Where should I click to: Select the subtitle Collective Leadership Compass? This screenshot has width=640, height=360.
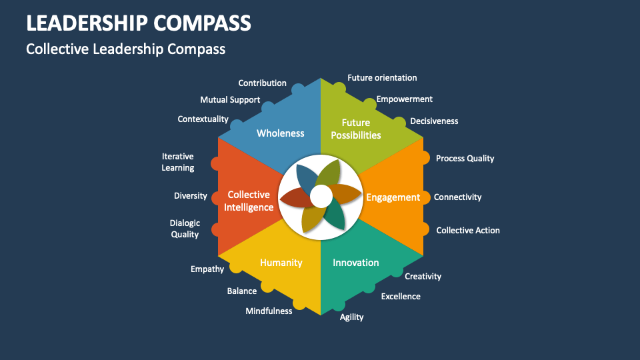click(x=125, y=49)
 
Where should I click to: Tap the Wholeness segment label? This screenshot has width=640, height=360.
click(x=280, y=133)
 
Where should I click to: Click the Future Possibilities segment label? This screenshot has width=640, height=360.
click(x=356, y=129)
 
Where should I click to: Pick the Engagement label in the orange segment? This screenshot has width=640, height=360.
click(x=393, y=197)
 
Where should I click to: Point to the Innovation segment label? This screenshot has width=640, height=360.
click(x=355, y=263)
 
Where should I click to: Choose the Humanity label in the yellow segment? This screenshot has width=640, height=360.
click(x=281, y=263)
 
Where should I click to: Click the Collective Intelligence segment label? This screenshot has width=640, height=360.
click(x=249, y=201)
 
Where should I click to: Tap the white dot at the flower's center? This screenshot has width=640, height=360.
click(x=321, y=197)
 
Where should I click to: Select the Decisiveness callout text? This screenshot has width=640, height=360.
click(x=434, y=121)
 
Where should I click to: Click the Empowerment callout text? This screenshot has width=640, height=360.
click(x=404, y=99)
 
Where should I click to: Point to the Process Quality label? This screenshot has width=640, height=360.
click(x=465, y=159)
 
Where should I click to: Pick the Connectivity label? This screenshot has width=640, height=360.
click(x=457, y=197)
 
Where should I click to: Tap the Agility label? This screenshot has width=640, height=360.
click(x=351, y=317)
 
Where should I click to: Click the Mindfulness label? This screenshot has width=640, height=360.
click(x=269, y=311)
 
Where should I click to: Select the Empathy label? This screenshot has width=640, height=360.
click(x=207, y=269)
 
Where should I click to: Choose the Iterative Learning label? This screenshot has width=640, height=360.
click(x=177, y=162)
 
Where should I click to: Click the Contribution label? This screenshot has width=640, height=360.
click(x=262, y=83)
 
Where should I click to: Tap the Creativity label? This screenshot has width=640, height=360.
click(x=423, y=277)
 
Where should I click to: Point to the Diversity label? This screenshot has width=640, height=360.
click(x=190, y=196)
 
